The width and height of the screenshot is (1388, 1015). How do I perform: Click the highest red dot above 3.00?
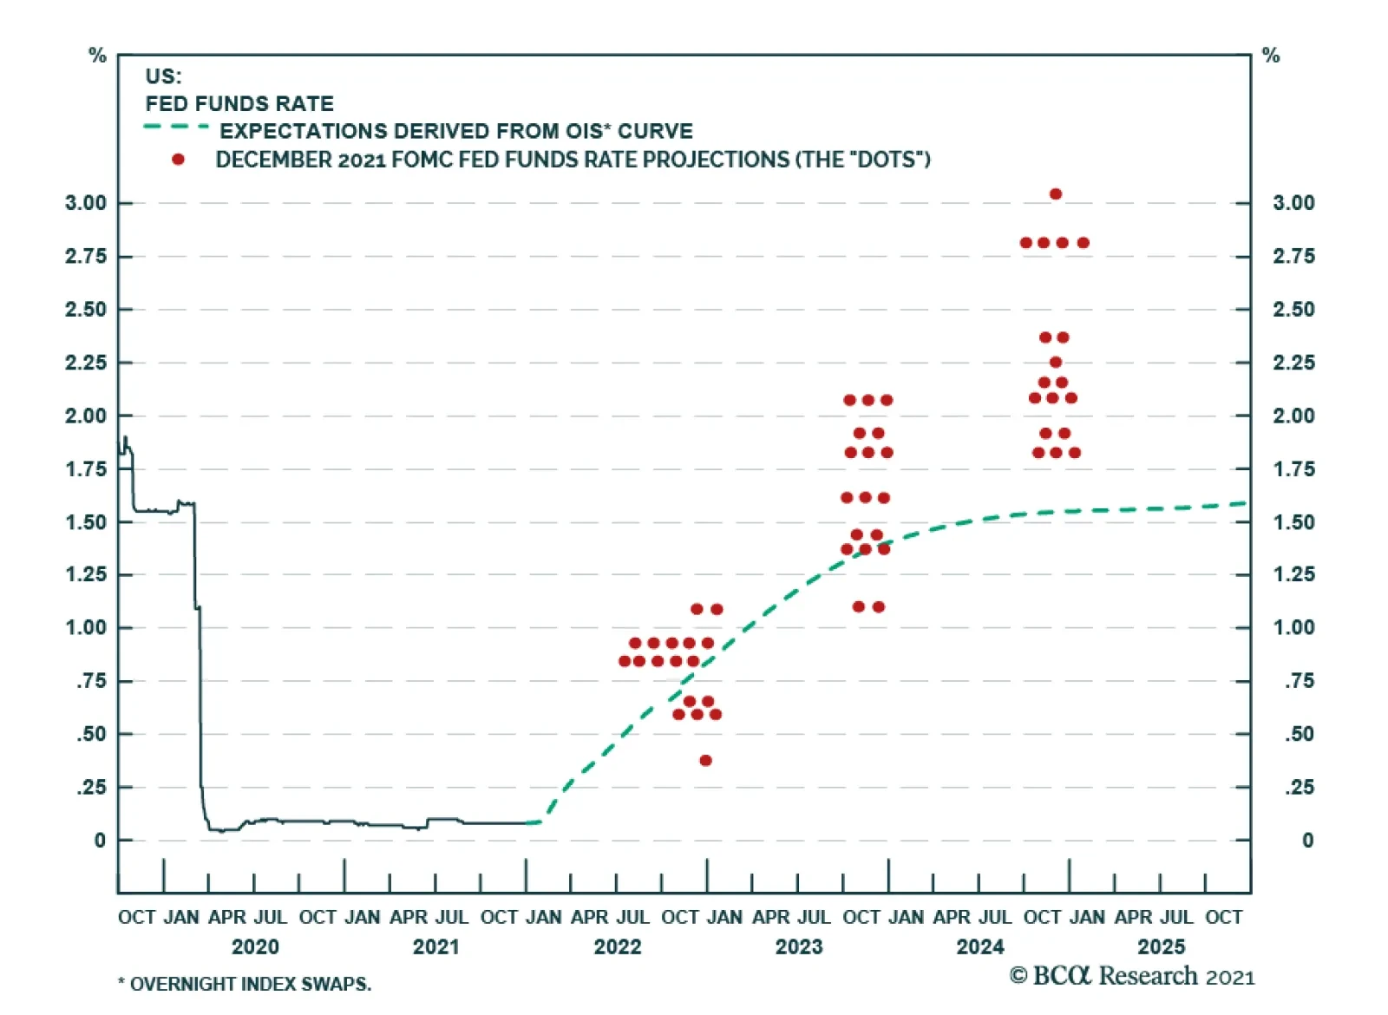point(1055,194)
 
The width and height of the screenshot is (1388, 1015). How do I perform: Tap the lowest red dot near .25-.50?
point(705,761)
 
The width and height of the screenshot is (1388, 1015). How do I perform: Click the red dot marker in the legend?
point(178,160)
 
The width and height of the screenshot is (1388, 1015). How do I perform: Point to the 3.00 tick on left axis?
point(86,203)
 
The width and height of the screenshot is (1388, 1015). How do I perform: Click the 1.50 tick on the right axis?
point(1293,522)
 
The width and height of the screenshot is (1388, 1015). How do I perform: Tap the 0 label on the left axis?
point(100,841)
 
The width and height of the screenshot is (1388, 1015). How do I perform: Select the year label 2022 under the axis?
point(617,946)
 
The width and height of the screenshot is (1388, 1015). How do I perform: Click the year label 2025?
point(1161,946)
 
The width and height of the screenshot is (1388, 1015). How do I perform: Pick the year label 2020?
point(255,946)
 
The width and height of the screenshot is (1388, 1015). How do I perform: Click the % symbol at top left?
point(97,56)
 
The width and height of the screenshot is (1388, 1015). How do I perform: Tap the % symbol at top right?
point(1271,56)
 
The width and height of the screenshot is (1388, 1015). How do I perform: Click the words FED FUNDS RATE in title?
point(239,104)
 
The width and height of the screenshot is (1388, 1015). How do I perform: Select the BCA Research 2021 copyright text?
point(1132,977)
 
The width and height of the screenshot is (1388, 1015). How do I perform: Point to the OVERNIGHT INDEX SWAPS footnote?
point(250,985)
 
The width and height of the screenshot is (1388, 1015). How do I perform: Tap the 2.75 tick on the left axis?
point(86,257)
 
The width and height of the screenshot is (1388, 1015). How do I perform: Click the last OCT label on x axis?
point(1223,918)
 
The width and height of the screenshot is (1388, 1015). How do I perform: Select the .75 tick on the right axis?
point(1299,681)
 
